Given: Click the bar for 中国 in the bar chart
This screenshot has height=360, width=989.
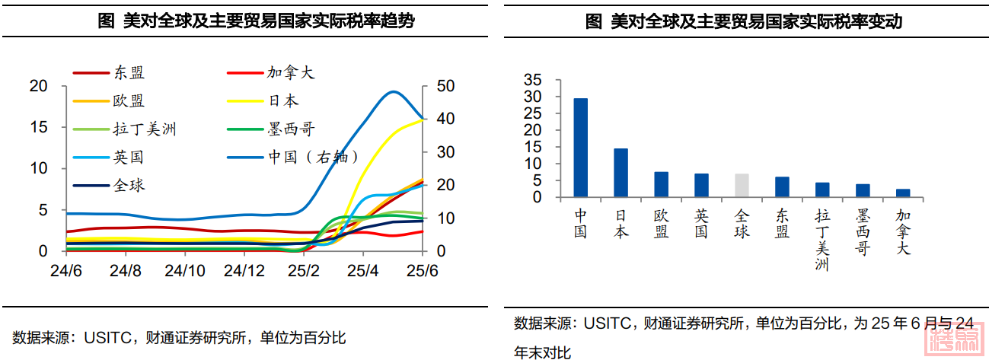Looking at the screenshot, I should [x=580, y=148].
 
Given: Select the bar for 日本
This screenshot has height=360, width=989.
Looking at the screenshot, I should [x=621, y=173].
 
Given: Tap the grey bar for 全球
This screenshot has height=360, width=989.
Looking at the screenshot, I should [x=742, y=185].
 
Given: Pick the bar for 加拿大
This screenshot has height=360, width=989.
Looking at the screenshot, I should [x=903, y=193].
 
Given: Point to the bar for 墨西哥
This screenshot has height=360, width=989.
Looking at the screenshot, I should [x=863, y=190].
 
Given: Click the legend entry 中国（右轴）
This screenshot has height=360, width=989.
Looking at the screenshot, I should [x=313, y=158].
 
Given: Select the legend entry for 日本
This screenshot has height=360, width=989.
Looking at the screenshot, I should [x=282, y=100].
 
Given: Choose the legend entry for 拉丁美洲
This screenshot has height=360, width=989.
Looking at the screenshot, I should [x=145, y=129].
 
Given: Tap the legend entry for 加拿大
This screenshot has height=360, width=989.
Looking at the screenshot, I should [x=290, y=73].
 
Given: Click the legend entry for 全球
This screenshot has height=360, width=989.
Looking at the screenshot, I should [x=129, y=185].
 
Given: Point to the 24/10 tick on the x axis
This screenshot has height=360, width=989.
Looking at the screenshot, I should [x=185, y=270].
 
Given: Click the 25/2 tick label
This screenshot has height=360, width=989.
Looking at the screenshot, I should [x=304, y=270].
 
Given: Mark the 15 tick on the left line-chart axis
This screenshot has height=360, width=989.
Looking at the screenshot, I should [x=38, y=127].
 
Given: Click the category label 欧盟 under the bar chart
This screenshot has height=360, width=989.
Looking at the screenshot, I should [x=661, y=224].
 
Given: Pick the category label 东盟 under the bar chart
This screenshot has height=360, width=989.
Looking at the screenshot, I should [x=782, y=224].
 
